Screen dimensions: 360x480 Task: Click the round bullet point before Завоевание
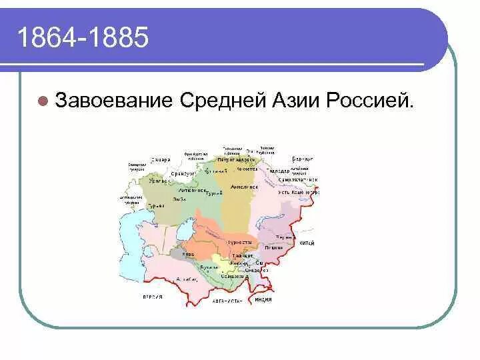(x=42, y=102)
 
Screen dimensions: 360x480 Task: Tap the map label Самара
(x=161, y=160)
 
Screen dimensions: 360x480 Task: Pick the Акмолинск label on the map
(x=244, y=187)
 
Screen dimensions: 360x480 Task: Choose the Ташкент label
(x=242, y=255)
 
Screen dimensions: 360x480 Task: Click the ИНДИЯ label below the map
(x=263, y=300)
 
